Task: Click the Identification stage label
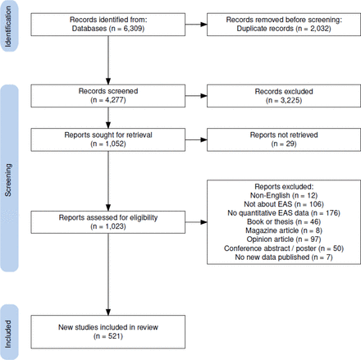click(8, 26)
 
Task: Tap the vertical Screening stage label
click(8, 180)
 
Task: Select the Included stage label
click(8, 334)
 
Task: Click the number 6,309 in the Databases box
click(132, 29)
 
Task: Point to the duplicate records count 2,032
click(319, 29)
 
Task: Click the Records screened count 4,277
click(114, 100)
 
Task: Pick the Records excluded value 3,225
click(290, 100)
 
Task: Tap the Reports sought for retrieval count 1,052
click(114, 144)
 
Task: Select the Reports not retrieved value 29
click(290, 144)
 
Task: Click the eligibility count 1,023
click(114, 226)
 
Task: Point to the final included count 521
click(114, 336)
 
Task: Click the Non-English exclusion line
click(284, 195)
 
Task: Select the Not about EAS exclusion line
click(284, 204)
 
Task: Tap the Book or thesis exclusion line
click(284, 221)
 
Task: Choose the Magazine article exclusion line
click(284, 230)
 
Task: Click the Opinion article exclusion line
click(284, 239)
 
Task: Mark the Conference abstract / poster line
click(284, 248)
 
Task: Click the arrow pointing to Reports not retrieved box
click(196, 139)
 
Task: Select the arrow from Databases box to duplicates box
click(196, 25)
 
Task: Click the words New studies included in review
click(108, 327)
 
